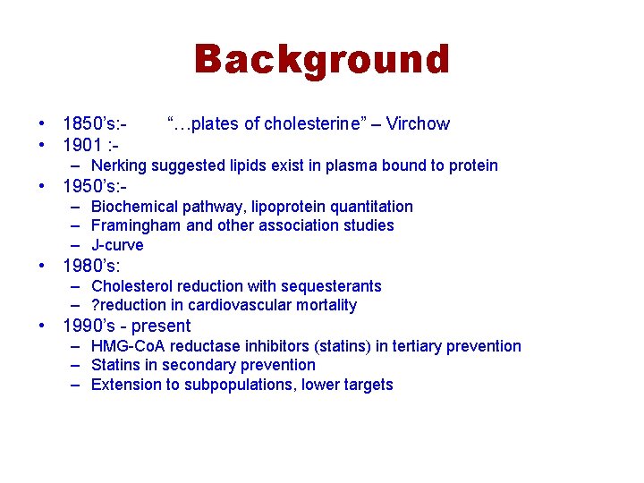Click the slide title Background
[322, 60]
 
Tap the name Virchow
[418, 124]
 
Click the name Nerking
[119, 165]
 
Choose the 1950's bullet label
[95, 187]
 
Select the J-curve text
[117, 245]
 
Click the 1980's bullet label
[91, 266]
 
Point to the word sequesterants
[332, 286]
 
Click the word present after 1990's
[161, 326]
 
